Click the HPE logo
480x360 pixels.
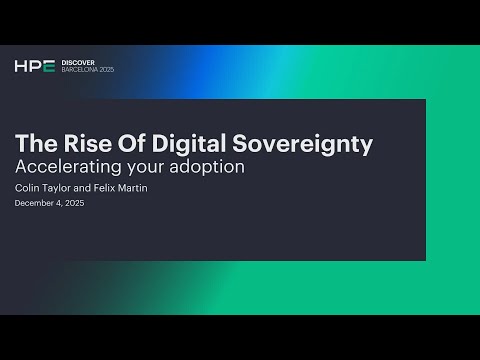35,67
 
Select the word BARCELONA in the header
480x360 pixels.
83,72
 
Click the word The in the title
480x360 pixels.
37,144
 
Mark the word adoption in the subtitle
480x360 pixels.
209,167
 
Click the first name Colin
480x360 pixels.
27,187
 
